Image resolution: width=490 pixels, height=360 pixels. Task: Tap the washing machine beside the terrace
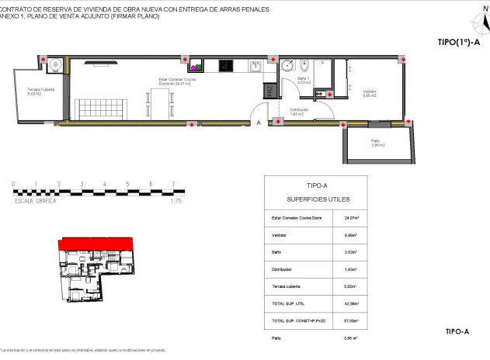coord(53,66)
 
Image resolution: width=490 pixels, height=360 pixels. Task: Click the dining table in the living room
coord(161,102)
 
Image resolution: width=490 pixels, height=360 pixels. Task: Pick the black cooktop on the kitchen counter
coord(227,66)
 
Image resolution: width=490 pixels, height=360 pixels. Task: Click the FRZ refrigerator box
coord(269,91)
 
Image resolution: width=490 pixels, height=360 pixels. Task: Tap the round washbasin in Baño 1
coord(287,66)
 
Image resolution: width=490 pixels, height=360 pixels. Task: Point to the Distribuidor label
coord(300,111)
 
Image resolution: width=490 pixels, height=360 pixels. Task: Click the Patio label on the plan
coord(378,142)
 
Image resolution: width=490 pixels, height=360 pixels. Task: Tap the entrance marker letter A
coord(259,123)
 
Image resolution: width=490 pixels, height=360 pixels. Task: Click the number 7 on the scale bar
coord(172,185)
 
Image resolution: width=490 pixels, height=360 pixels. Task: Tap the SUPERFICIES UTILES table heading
coord(318,199)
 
